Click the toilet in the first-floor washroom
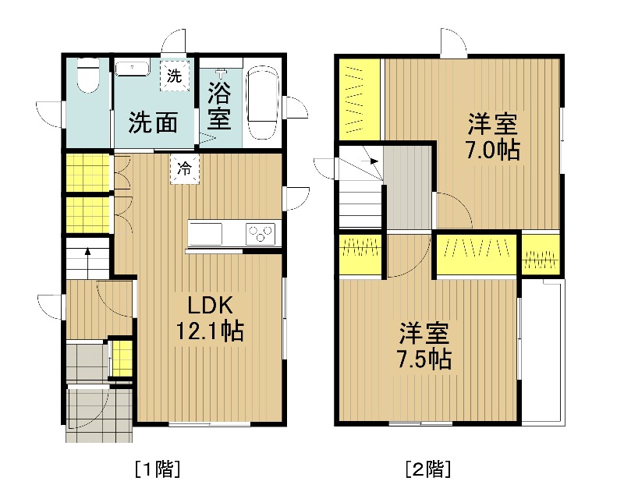click(x=87, y=76)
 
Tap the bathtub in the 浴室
click(x=263, y=103)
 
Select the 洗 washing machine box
click(x=174, y=76)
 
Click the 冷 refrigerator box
click(x=184, y=168)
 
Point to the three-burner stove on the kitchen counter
click(x=261, y=234)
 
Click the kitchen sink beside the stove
click(x=205, y=234)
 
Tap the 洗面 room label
click(x=153, y=122)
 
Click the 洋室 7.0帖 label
click(x=493, y=136)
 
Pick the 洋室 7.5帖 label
click(x=424, y=346)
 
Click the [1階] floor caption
click(x=158, y=469)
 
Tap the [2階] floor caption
click(x=428, y=469)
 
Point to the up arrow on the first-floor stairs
click(x=87, y=263)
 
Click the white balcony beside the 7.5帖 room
click(x=543, y=350)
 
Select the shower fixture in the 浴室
click(x=220, y=73)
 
